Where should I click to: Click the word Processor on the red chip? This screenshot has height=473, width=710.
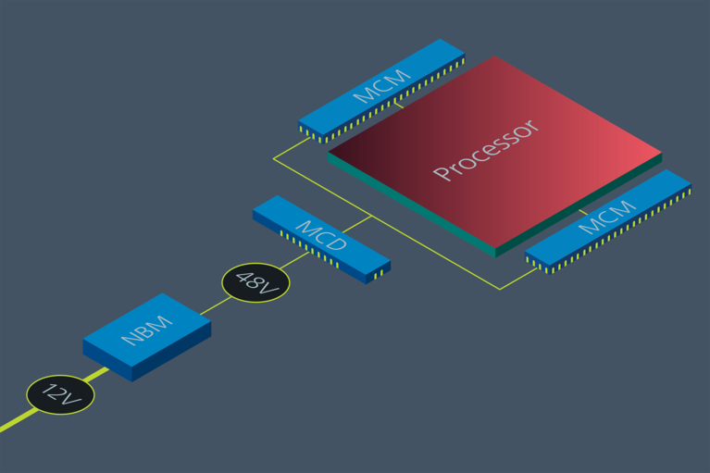(486, 150)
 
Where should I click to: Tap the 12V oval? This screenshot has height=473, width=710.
(60, 396)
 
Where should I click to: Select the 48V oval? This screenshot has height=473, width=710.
(255, 282)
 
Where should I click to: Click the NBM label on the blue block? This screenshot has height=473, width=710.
(147, 330)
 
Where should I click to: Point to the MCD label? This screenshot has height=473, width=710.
(321, 237)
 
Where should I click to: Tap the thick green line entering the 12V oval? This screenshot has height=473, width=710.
(14, 423)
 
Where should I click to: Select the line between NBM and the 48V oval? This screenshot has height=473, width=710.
(212, 306)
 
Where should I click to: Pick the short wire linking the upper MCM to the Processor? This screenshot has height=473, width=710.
(397, 105)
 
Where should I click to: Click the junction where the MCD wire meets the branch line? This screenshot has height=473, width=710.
(371, 217)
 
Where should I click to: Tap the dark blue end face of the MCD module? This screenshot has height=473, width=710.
(379, 274)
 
